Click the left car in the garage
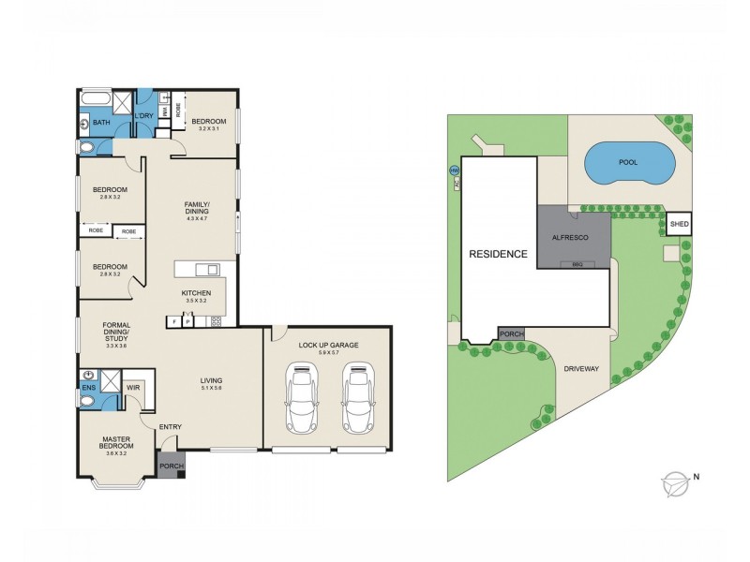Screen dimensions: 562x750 [x=301, y=397]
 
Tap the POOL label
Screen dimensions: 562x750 [x=627, y=162]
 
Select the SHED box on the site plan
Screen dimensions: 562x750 [x=680, y=224]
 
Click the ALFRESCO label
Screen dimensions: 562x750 [x=570, y=238]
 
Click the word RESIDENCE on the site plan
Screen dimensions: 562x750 [x=499, y=254]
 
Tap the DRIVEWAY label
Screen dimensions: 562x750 [x=581, y=368]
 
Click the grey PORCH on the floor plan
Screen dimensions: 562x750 [x=172, y=466]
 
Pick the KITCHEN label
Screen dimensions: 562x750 [x=196, y=293]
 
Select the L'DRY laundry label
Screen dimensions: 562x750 [x=144, y=115]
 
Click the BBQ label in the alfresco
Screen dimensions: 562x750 [x=577, y=265]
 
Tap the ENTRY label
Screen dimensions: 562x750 [x=170, y=428]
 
